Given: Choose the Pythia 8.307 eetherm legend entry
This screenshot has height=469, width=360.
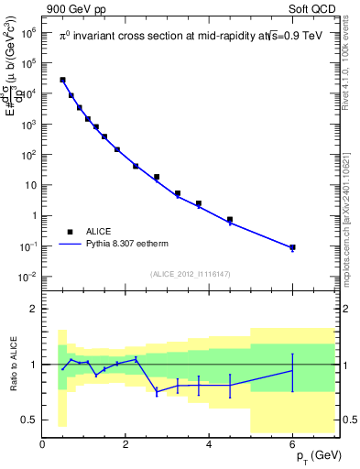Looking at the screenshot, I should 127,245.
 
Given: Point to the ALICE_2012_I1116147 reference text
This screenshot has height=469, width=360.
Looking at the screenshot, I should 191,273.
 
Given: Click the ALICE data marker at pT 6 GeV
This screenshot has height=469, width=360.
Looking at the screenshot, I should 292,247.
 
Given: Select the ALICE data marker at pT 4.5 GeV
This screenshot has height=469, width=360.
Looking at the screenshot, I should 230,220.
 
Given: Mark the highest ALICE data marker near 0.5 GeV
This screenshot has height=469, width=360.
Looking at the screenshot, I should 62,80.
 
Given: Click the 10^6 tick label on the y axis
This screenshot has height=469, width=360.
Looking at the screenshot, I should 27,31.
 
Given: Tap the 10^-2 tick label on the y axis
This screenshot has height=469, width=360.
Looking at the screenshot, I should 27,277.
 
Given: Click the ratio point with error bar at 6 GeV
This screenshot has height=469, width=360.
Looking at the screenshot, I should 292,371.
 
